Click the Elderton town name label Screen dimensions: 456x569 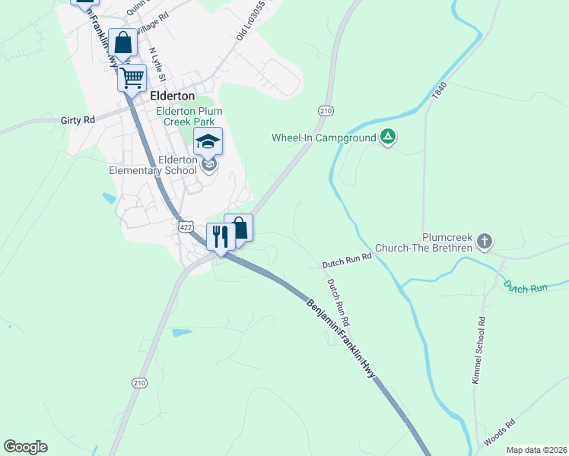click(x=173, y=97)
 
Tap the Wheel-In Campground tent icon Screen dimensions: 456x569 click(x=388, y=138)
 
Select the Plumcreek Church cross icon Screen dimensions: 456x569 click(x=485, y=242)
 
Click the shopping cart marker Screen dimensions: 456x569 click(x=132, y=77)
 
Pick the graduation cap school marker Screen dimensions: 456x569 click(x=208, y=141)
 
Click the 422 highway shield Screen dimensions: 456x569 click(x=184, y=226)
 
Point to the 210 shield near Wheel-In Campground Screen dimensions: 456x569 click(x=326, y=111)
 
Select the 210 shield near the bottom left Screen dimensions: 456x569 click(x=138, y=382)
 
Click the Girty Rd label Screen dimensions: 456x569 click(x=78, y=120)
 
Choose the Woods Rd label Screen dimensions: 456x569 click(x=499, y=432)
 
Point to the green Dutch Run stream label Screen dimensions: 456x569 click(x=525, y=287)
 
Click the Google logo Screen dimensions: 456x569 click(x=25, y=447)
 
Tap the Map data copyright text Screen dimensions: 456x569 click(x=536, y=450)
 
